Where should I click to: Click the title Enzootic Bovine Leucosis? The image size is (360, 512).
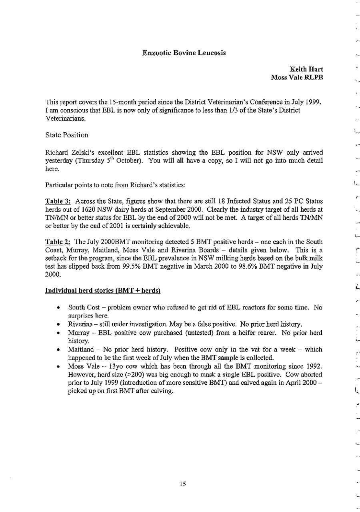pos(184,53)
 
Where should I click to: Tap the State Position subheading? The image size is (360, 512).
pos(67,135)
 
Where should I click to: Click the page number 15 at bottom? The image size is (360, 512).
pos(183,484)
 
